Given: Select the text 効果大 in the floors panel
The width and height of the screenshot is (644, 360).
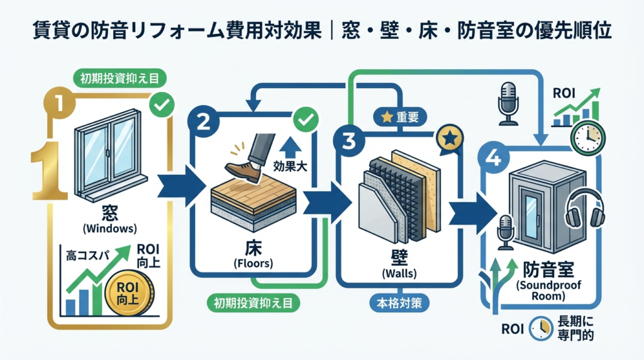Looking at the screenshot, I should (x=287, y=168).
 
